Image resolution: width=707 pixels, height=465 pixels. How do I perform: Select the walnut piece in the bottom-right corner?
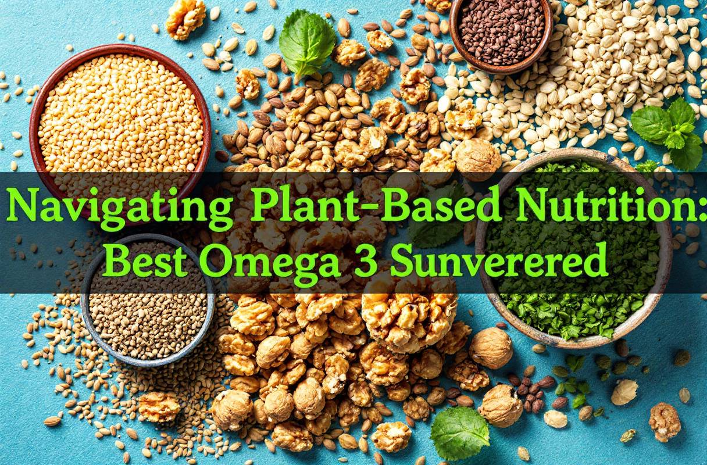(x=665, y=421)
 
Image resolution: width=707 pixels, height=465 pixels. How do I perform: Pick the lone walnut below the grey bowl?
(x=159, y=406)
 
